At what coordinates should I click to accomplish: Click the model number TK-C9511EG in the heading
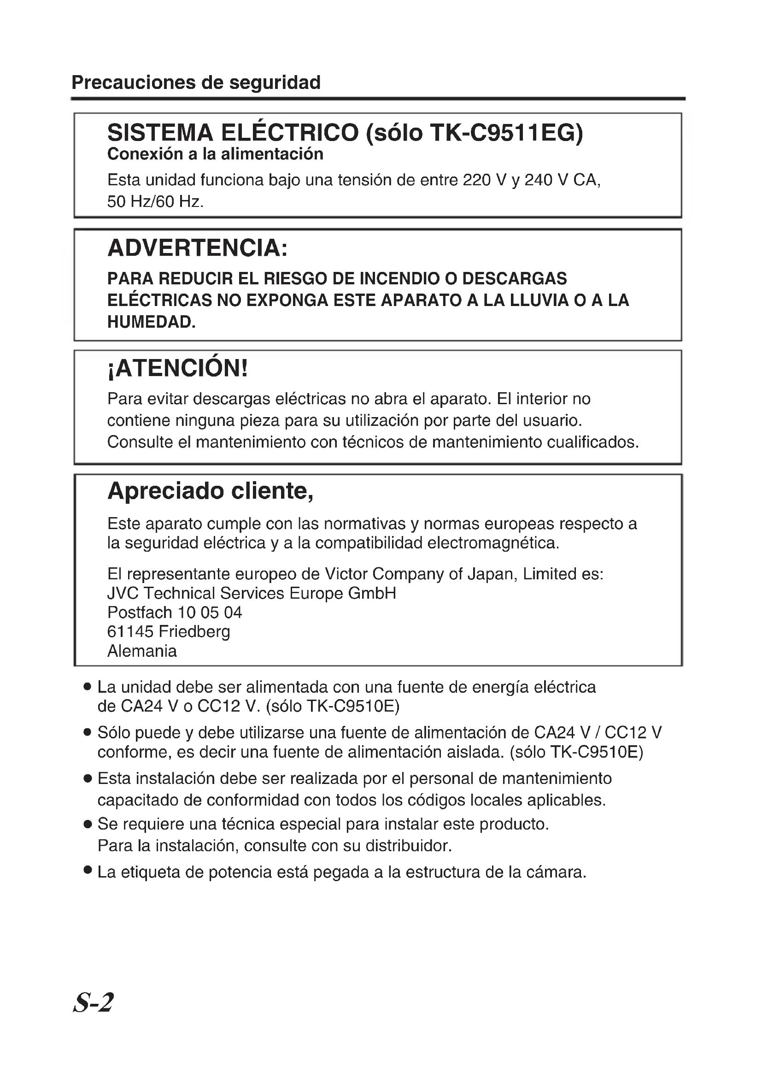506,133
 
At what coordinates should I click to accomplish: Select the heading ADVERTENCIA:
197,248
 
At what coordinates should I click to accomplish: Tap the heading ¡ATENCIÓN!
177,369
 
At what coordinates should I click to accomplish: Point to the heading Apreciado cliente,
210,492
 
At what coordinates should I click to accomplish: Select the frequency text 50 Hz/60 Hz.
155,202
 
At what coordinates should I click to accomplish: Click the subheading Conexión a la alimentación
215,154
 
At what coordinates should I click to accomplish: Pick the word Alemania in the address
142,651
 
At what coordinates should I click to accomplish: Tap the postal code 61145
130,632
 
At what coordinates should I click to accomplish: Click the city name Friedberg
194,632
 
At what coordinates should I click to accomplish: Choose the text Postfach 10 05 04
175,613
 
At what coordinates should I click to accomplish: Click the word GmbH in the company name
372,594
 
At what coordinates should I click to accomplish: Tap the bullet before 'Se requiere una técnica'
87,825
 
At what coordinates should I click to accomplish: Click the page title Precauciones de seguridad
196,82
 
